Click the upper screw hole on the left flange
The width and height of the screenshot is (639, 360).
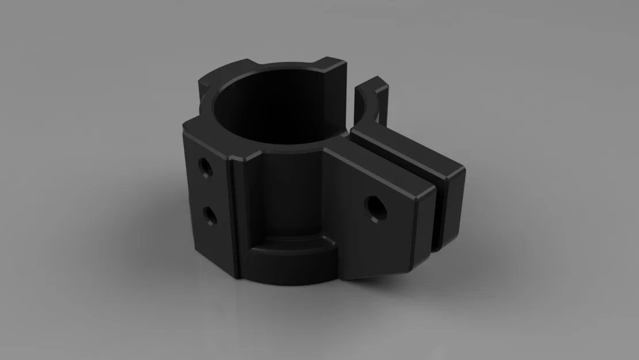(204, 168)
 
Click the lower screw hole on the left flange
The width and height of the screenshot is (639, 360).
(209, 215)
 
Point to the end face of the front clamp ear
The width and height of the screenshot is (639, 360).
(426, 230)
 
